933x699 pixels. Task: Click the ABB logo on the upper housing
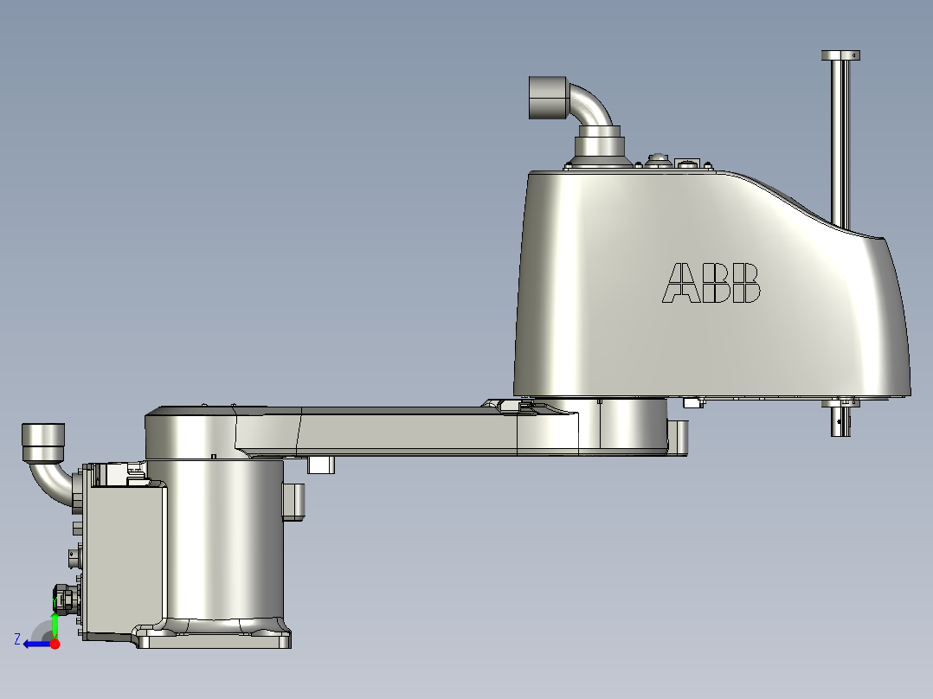click(x=711, y=283)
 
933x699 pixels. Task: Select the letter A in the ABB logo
click(x=681, y=283)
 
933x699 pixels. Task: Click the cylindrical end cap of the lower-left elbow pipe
click(x=42, y=441)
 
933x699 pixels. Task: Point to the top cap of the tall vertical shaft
click(x=840, y=55)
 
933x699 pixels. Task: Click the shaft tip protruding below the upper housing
click(x=840, y=421)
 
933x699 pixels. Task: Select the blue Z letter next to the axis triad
click(x=16, y=638)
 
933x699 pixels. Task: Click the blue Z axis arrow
click(x=36, y=644)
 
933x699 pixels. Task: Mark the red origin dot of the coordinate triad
click(x=55, y=644)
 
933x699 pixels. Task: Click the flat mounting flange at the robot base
click(x=216, y=639)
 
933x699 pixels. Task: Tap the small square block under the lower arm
click(x=321, y=465)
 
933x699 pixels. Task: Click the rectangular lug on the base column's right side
click(x=294, y=502)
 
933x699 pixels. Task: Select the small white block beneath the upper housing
click(x=691, y=402)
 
